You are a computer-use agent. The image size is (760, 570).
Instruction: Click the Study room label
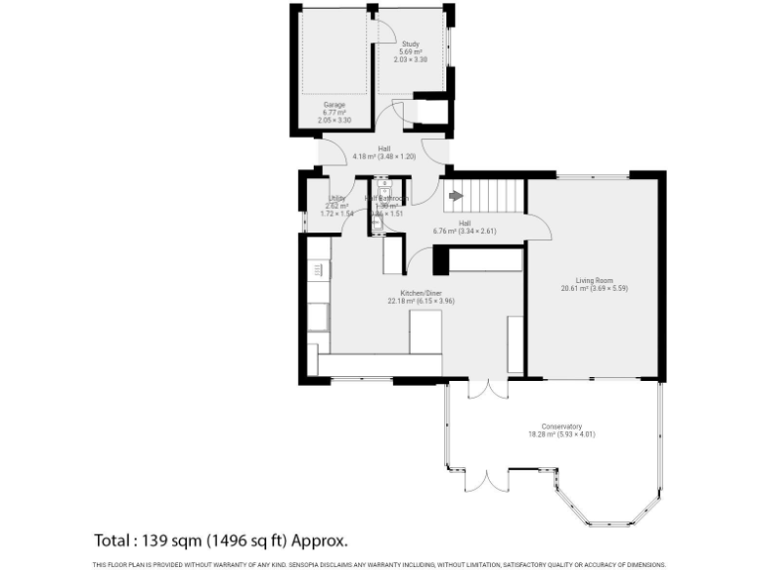coord(410,45)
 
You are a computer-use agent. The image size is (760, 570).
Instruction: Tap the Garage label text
coord(333,104)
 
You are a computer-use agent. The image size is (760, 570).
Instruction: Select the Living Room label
coord(594,280)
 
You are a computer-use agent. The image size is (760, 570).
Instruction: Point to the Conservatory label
coord(562,427)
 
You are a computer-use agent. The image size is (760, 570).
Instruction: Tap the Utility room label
coord(336,198)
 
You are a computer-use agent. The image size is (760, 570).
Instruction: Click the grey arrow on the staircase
coord(455,196)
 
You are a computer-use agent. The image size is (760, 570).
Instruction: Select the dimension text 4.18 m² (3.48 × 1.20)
coord(384,156)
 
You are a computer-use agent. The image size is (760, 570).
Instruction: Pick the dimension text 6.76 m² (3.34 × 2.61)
coord(464,232)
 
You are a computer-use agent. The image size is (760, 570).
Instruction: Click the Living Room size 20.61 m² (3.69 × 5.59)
coord(594,288)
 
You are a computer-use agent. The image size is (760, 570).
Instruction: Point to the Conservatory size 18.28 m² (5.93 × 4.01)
coord(562,434)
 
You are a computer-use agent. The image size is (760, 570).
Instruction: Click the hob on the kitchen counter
coord(318,269)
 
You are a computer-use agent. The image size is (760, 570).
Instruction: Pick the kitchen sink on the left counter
coord(319,317)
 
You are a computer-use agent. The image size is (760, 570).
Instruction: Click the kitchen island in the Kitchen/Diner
coord(427,332)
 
